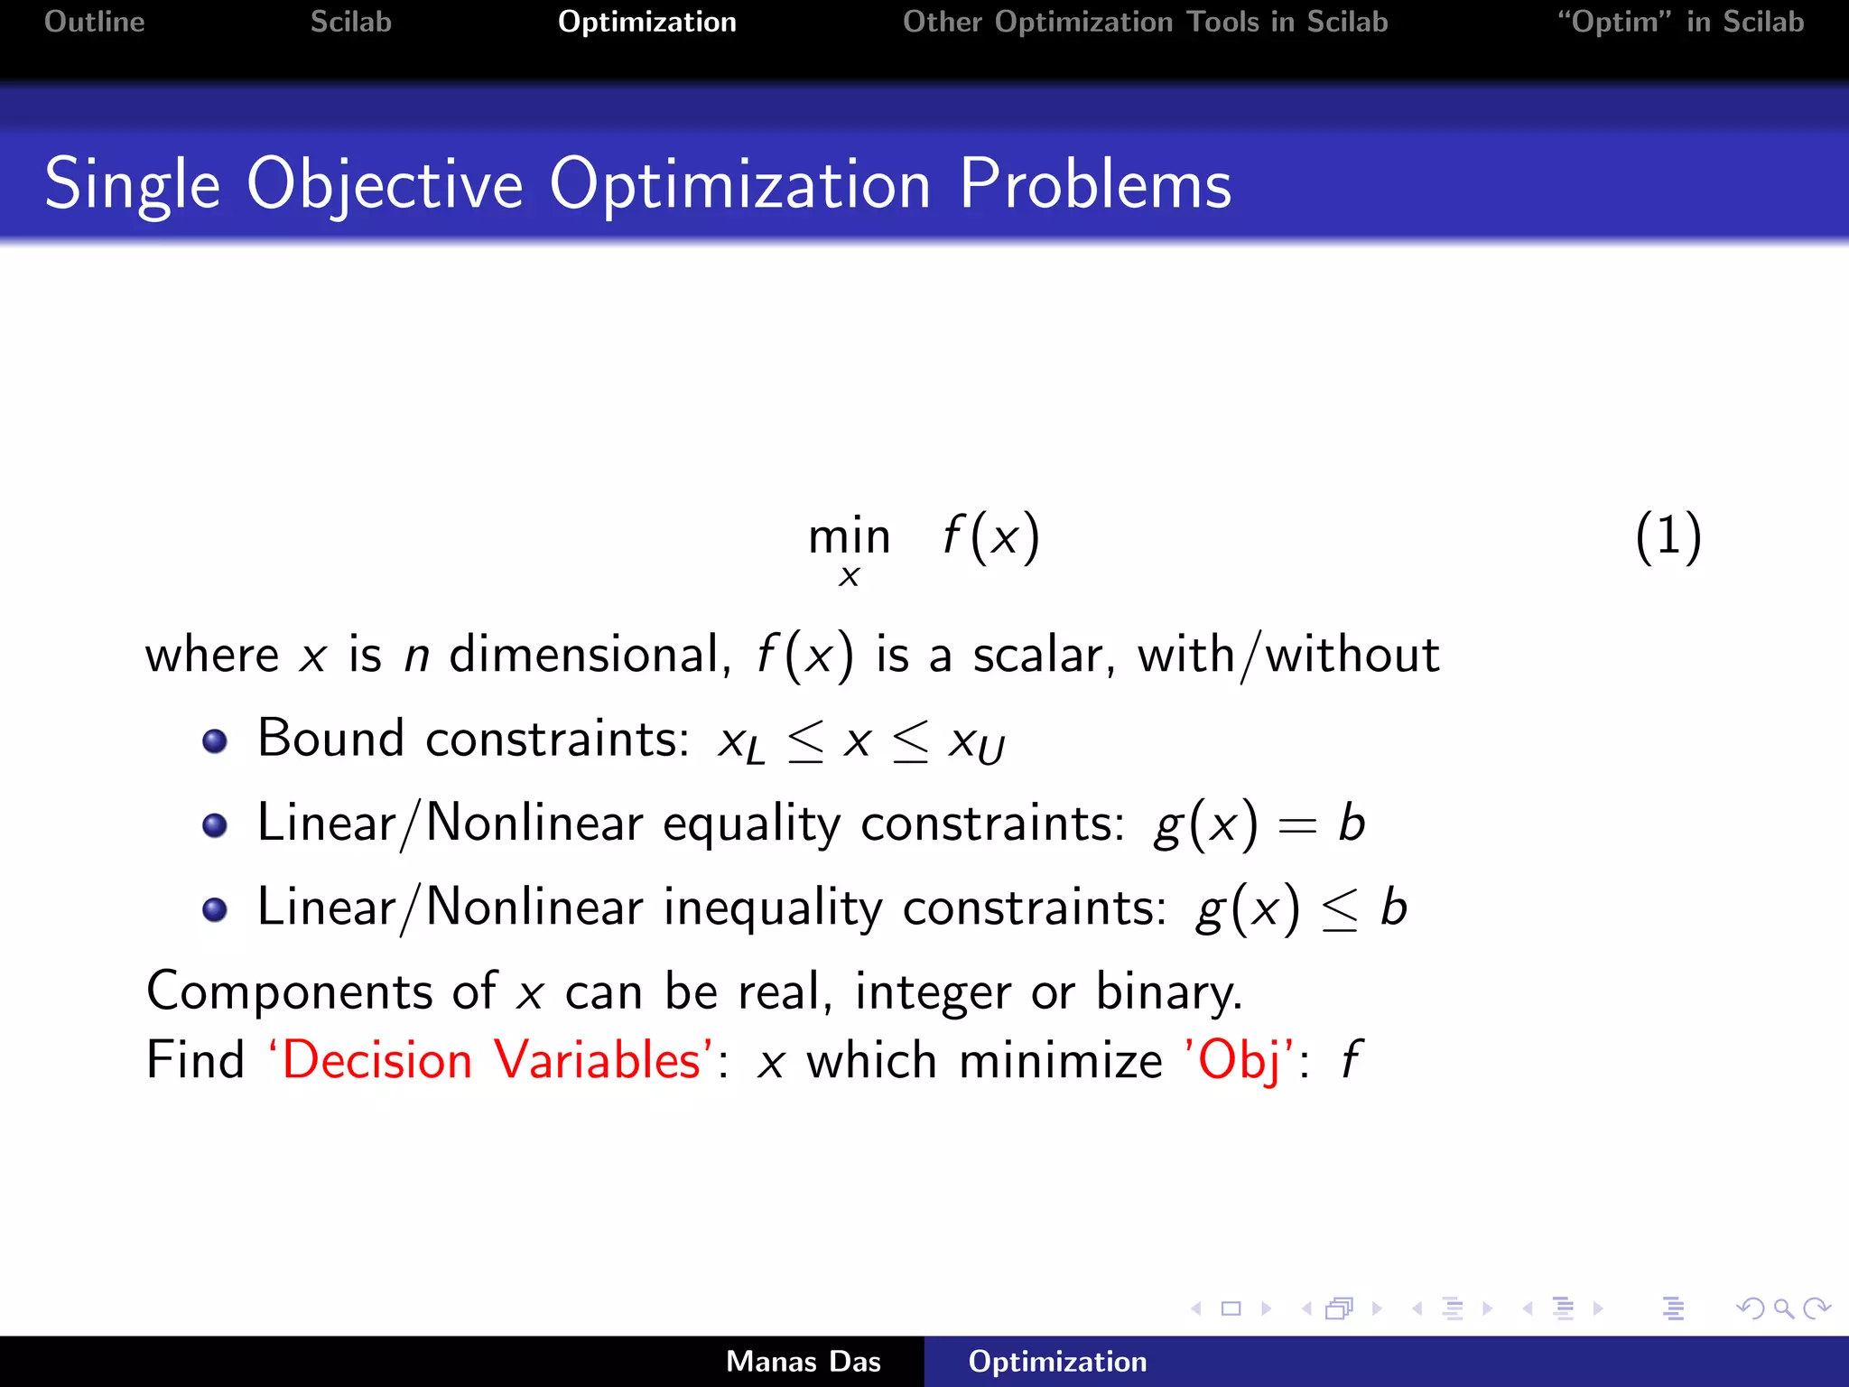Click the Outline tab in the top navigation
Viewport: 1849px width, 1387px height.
(94, 22)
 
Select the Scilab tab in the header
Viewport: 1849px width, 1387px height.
(350, 22)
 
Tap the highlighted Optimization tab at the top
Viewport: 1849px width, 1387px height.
(646, 22)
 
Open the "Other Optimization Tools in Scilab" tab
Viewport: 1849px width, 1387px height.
(1145, 22)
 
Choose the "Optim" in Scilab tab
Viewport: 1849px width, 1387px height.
(1680, 22)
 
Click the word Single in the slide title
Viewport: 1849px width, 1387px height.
(132, 185)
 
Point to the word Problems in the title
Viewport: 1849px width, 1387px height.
(1094, 185)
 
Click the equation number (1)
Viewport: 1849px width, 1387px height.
(1668, 536)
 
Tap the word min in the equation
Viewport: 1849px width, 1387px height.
(849, 537)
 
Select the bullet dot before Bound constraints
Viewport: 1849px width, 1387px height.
(215, 741)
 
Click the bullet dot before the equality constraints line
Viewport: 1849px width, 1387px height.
(215, 825)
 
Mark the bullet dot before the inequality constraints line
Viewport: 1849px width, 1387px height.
(215, 909)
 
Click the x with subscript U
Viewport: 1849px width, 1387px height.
(976, 744)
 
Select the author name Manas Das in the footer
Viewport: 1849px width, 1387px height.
(803, 1362)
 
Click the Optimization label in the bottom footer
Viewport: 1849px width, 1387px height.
(1057, 1362)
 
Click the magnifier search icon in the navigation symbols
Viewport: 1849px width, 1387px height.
(1783, 1308)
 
